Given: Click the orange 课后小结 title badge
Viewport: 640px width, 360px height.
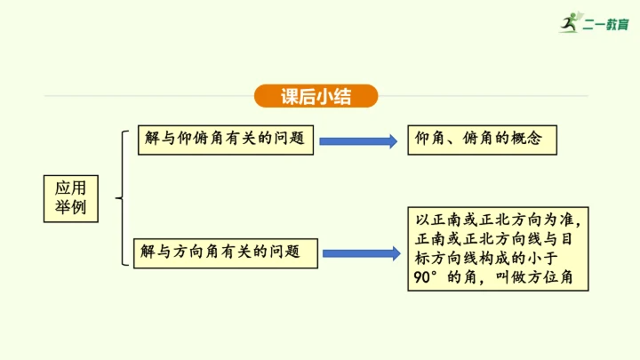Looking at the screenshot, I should [x=316, y=96].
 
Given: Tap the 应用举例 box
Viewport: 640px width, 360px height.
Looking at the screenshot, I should [x=71, y=197].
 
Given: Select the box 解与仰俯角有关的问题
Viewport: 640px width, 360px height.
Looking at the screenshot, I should [x=226, y=140].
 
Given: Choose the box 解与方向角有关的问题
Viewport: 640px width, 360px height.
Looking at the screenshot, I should [x=226, y=252].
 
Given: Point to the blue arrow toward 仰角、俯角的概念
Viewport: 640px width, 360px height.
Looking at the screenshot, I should [x=357, y=140].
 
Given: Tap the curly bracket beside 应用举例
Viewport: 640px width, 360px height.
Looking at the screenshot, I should [x=121, y=197].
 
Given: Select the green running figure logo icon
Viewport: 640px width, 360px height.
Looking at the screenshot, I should [x=568, y=23].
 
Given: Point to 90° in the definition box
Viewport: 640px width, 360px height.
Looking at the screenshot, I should [x=426, y=277].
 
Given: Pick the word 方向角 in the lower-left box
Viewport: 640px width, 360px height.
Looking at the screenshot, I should [x=198, y=252].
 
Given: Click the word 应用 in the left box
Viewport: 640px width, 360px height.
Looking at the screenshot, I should [x=71, y=188].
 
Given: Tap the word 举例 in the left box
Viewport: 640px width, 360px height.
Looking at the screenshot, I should [x=71, y=208].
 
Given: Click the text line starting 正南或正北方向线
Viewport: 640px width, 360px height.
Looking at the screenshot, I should [x=496, y=239].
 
